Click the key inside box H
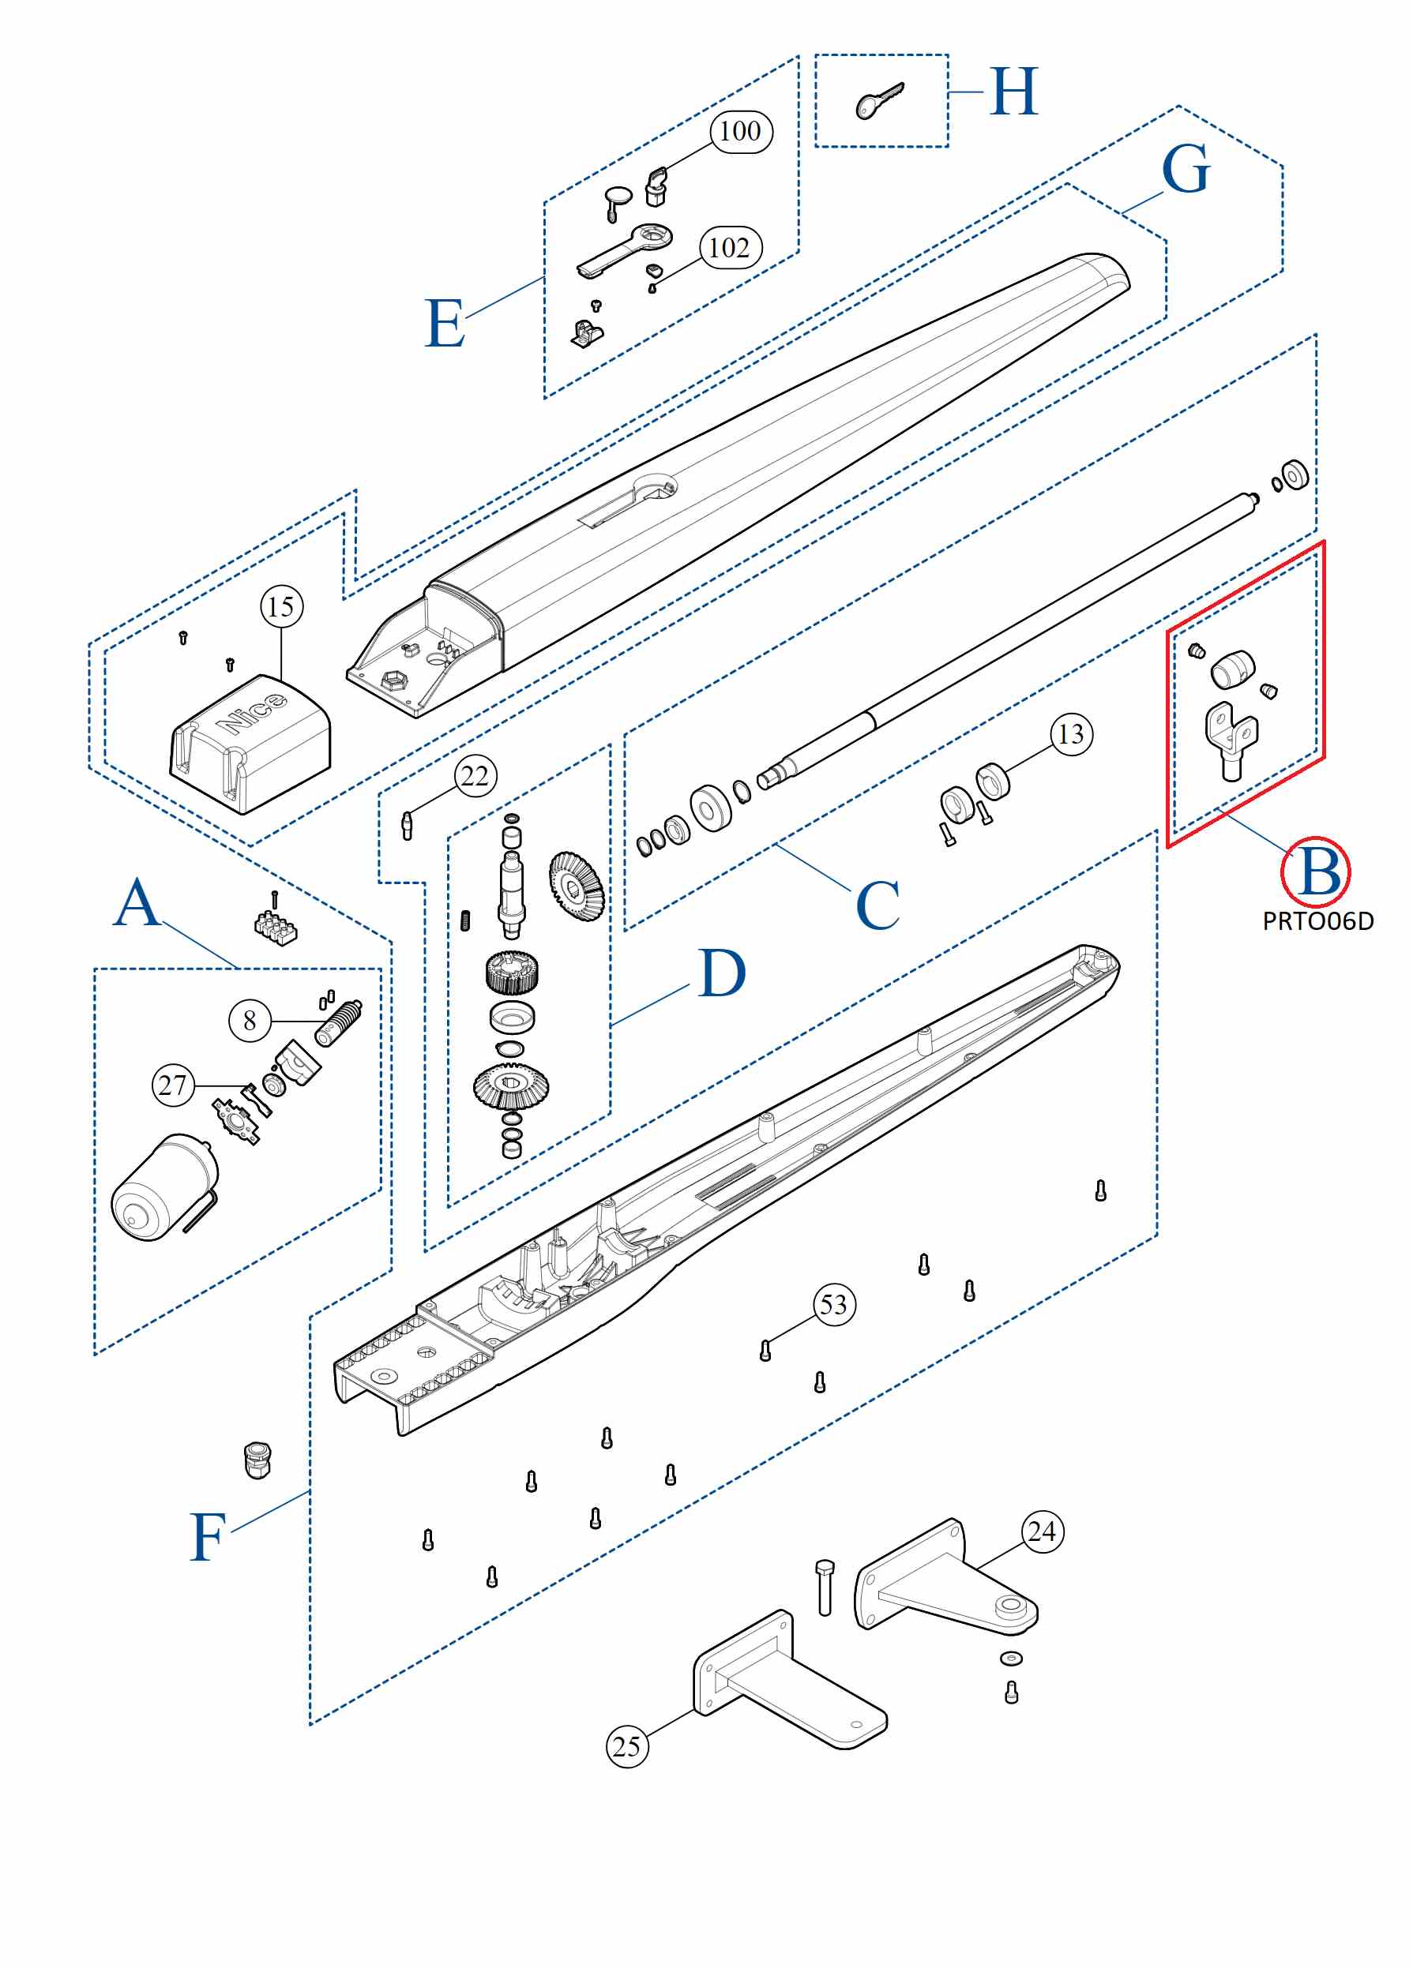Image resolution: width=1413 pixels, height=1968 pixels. click(x=878, y=102)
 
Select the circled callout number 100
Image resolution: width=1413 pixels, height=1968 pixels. click(x=740, y=132)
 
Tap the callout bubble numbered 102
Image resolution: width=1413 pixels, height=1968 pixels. click(x=730, y=248)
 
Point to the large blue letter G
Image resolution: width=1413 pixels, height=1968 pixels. click(x=1185, y=170)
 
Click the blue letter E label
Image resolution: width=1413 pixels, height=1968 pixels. click(x=445, y=324)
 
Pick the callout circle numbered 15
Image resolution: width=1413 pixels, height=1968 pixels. click(x=282, y=606)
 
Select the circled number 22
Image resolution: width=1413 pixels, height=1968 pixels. click(x=475, y=776)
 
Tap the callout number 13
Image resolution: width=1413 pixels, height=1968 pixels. click(x=1071, y=734)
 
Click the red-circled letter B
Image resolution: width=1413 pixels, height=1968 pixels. click(x=1316, y=872)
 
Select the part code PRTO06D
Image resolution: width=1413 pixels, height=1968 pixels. click(x=1317, y=921)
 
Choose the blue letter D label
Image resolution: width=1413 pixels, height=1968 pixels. click(x=721, y=974)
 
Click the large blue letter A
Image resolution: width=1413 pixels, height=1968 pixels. click(x=137, y=904)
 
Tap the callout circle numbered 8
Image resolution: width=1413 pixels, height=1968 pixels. click(x=250, y=1021)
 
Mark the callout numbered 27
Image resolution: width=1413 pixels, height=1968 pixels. click(x=173, y=1085)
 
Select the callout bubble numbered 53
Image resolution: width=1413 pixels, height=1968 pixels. click(x=834, y=1305)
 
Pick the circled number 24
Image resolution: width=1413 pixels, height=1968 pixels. click(x=1042, y=1531)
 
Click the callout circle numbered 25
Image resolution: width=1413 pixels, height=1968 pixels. click(x=626, y=1746)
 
